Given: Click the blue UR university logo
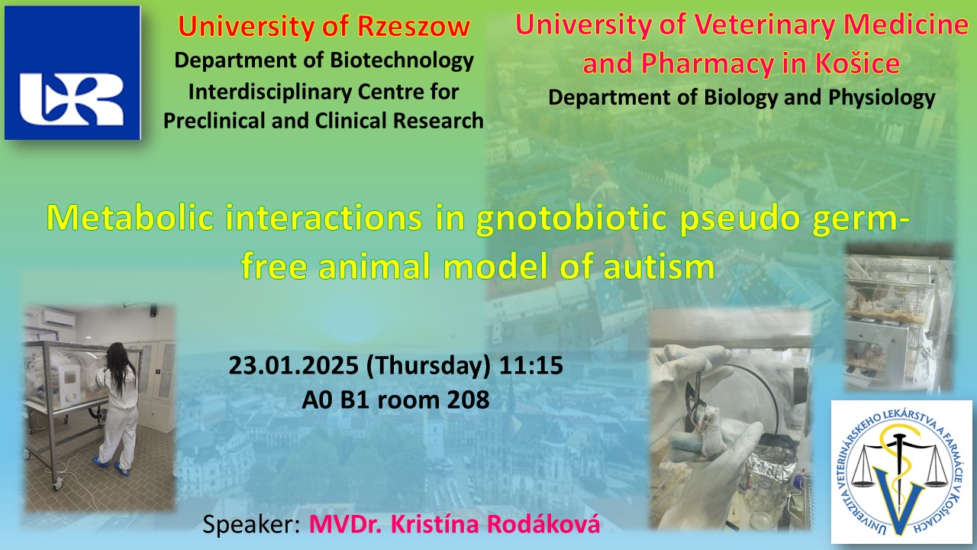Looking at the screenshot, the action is [x=73, y=73].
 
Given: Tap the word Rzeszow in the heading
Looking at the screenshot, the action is [x=414, y=26].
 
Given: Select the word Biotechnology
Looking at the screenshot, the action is [x=401, y=60].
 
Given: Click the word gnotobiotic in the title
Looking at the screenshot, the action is [x=571, y=218].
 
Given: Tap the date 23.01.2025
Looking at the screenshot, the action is [x=294, y=365].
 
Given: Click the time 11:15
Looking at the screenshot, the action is [x=530, y=365].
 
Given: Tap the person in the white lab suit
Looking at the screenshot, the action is [x=117, y=409].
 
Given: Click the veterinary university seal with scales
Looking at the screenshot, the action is [x=901, y=472].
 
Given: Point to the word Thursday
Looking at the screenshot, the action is [x=428, y=365].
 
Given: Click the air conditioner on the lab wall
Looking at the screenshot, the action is [x=59, y=319].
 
